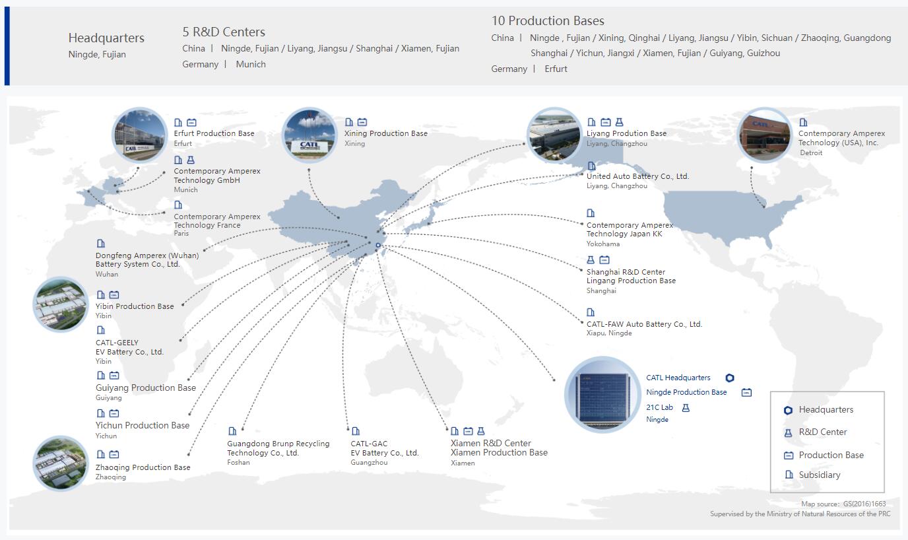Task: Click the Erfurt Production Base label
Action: pos(214,133)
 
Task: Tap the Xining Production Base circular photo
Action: pos(309,135)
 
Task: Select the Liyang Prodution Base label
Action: pos(626,133)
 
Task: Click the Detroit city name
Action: pos(811,152)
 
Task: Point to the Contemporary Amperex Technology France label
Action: pos(216,220)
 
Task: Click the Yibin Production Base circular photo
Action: pos(60,304)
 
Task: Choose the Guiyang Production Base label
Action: pos(145,388)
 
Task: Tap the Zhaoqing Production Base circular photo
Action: pos(60,463)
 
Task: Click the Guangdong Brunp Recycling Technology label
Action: pos(278,448)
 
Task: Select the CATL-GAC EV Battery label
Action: pos(384,448)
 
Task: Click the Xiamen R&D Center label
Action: pos(490,443)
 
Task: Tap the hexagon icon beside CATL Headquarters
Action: pos(729,378)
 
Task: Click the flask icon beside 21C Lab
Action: pos(686,408)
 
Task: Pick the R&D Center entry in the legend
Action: pos(822,432)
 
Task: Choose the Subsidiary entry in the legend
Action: pos(819,475)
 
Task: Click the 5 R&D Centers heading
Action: pos(224,32)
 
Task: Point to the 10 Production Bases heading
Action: pos(548,21)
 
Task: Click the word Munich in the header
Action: pos(251,64)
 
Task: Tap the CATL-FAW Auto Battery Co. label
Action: pos(644,324)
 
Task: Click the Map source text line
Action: pos(843,504)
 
